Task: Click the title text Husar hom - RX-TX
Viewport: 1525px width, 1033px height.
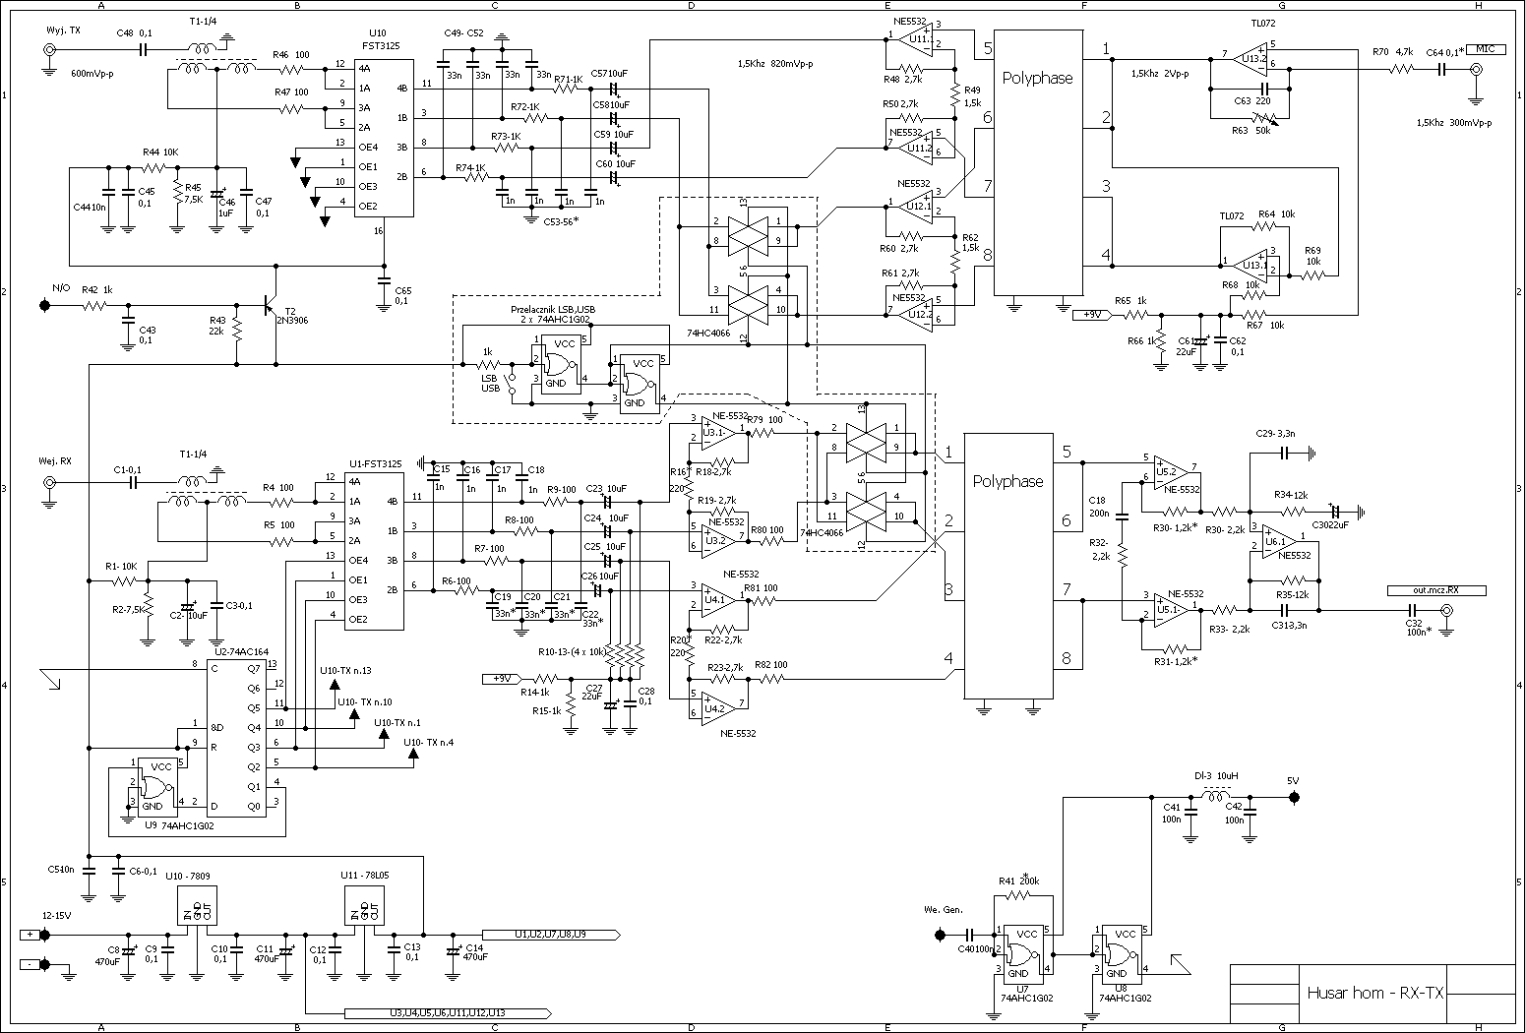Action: pos(1374,993)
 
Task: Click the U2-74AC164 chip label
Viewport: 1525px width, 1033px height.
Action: pos(242,651)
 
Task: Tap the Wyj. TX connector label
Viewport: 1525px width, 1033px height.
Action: pos(63,31)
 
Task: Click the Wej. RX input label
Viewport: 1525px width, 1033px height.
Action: pos(55,460)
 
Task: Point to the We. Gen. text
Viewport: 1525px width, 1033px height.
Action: pos(943,909)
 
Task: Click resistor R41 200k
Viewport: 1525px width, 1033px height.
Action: pos(1024,895)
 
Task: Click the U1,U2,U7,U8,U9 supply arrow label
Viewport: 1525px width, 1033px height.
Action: pos(550,934)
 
